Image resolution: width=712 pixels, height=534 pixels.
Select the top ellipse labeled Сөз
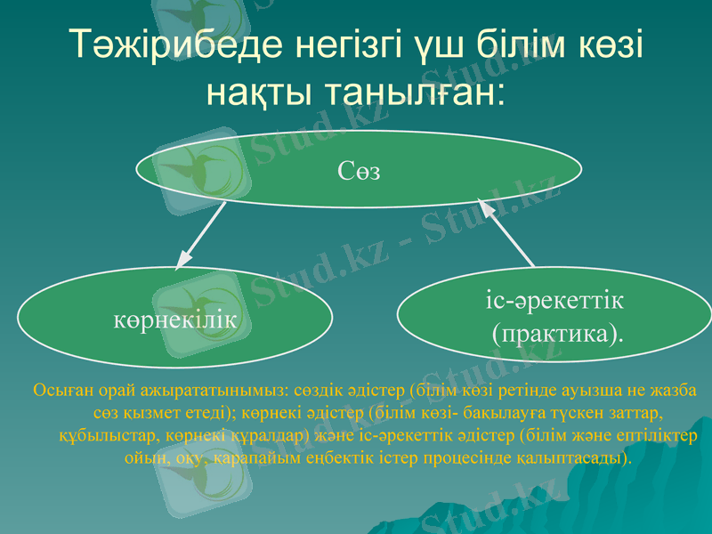[360, 170]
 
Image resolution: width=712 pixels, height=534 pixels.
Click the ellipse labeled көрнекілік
[175, 319]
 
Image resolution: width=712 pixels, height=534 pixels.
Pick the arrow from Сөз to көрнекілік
[202, 233]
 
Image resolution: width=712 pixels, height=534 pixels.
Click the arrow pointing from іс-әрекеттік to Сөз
[507, 233]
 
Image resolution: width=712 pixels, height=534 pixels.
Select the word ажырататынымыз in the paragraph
[206, 391]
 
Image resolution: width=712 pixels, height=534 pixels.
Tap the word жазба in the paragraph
[676, 391]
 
